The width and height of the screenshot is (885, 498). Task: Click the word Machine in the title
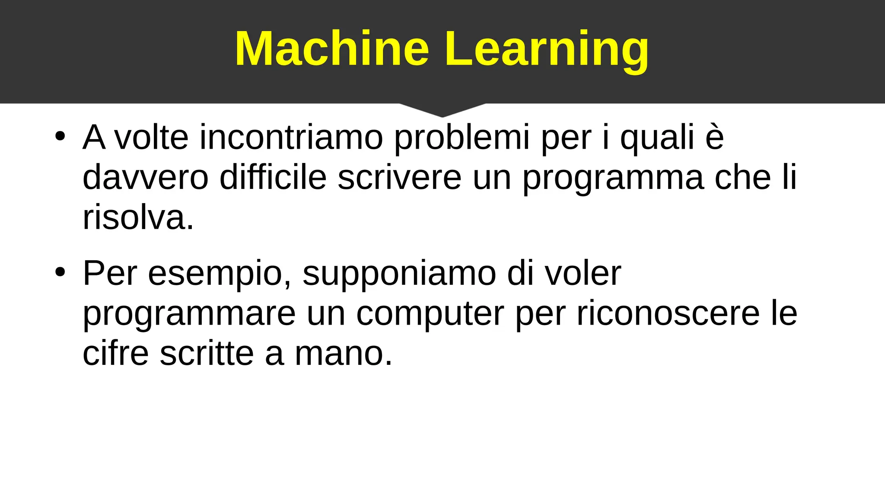tap(332, 48)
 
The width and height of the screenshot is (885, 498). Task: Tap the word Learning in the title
tap(547, 49)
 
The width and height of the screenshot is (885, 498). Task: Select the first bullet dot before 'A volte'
tap(60, 137)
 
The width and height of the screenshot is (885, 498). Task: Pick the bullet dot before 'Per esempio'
tap(60, 272)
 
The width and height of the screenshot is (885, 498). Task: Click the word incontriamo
tap(291, 137)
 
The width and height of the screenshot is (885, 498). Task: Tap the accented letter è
tap(714, 137)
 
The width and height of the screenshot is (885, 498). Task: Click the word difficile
tap(273, 177)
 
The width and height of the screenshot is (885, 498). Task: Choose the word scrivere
tap(399, 177)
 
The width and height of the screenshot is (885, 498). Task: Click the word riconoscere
tap(668, 313)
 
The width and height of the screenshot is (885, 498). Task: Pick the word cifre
tap(115, 353)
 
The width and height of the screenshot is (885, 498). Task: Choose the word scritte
tap(207, 353)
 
